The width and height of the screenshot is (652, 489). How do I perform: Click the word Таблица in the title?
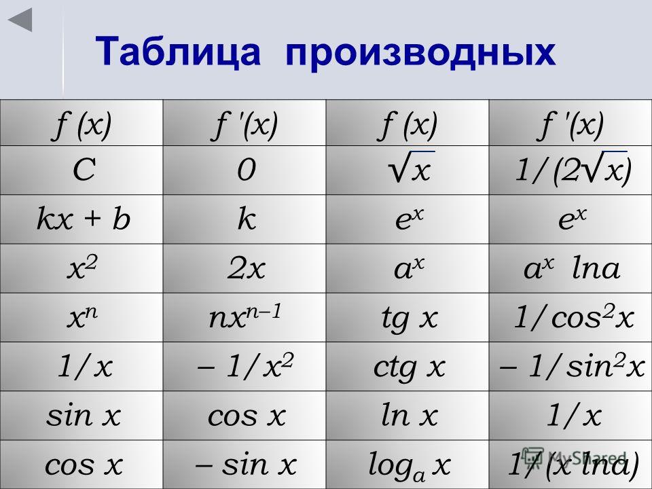pyautogui.click(x=178, y=51)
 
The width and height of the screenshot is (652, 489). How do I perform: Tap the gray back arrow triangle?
pyautogui.click(x=20, y=20)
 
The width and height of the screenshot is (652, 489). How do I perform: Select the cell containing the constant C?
pyautogui.click(x=81, y=170)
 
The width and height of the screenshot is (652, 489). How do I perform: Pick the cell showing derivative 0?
pyautogui.click(x=244, y=170)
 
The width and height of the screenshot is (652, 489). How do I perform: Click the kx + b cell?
pyautogui.click(x=81, y=219)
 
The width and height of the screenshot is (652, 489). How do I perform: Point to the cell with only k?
pyautogui.click(x=244, y=219)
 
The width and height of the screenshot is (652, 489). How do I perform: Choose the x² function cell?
pyautogui.click(x=81, y=268)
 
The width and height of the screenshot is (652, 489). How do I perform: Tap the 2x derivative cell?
pyautogui.click(x=244, y=268)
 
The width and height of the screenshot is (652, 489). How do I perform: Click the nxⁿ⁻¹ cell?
pyautogui.click(x=244, y=317)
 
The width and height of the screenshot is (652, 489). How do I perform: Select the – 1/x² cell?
pyautogui.click(x=244, y=366)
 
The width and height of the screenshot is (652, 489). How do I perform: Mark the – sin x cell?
pyautogui.click(x=244, y=465)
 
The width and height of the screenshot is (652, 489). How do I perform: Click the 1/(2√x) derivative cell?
pyautogui.click(x=570, y=170)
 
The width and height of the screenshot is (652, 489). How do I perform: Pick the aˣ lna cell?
pyautogui.click(x=570, y=268)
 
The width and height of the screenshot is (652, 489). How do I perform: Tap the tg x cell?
pyautogui.click(x=407, y=317)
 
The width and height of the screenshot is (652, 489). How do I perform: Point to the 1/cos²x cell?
pyautogui.click(x=570, y=317)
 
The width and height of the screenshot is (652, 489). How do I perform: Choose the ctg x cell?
pyautogui.click(x=407, y=366)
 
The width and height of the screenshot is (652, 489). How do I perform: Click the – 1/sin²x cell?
pyautogui.click(x=570, y=366)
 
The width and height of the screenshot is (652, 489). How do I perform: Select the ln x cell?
pyautogui.click(x=407, y=416)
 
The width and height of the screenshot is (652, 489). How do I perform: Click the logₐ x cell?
pyautogui.click(x=407, y=465)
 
